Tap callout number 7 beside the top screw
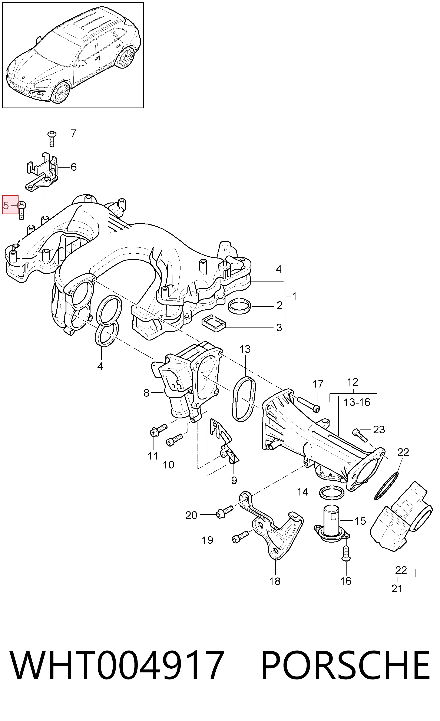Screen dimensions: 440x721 [x=73, y=134]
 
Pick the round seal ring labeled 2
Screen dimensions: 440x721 [x=239, y=306]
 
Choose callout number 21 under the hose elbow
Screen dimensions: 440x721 [x=397, y=588]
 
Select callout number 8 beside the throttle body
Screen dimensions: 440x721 [x=146, y=393]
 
